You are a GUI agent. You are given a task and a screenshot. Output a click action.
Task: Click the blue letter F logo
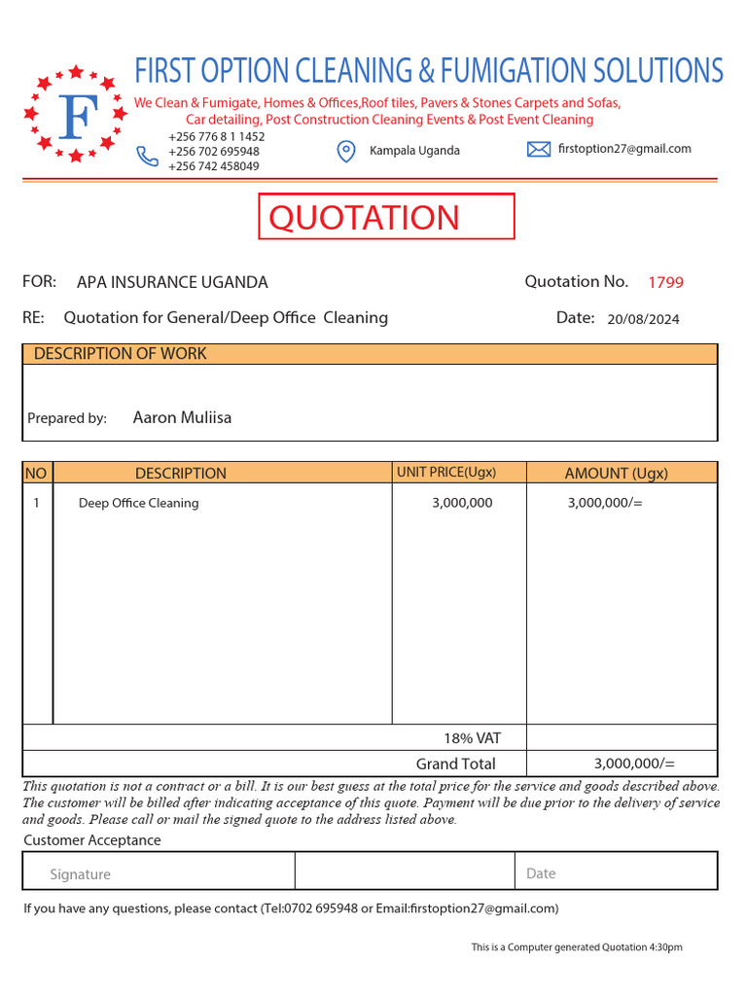click(76, 116)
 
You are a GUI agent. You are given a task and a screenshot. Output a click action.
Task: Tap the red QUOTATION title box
click(385, 216)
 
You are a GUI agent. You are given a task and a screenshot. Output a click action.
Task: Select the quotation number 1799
click(665, 283)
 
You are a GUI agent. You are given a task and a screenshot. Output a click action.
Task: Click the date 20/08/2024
click(643, 319)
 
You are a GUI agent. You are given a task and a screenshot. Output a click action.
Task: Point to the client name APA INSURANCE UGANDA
click(172, 283)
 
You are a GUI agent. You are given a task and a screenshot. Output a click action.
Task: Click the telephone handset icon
click(147, 156)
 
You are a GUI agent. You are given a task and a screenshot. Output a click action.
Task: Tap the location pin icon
click(345, 151)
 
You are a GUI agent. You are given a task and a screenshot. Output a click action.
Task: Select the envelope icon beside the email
click(539, 149)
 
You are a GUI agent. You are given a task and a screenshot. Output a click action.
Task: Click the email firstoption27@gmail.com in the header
click(624, 149)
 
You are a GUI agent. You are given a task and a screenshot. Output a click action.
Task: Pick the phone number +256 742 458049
click(213, 166)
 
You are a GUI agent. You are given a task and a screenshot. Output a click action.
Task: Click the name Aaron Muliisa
click(182, 418)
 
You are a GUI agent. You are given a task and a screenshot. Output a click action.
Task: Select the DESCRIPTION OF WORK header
click(120, 354)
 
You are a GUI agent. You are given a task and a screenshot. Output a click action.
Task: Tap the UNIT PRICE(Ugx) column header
click(446, 473)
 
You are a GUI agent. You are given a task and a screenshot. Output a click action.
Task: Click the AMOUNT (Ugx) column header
click(616, 474)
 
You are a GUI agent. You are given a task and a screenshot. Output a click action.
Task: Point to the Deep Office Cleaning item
click(138, 503)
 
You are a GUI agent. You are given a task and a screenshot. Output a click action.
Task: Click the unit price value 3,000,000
click(462, 503)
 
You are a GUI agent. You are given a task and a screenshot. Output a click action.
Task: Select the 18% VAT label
click(472, 738)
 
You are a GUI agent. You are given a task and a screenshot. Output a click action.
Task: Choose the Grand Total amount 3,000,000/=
click(634, 764)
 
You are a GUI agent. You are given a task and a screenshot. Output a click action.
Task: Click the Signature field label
click(80, 874)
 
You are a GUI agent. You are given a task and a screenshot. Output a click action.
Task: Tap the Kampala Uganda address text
click(414, 151)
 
